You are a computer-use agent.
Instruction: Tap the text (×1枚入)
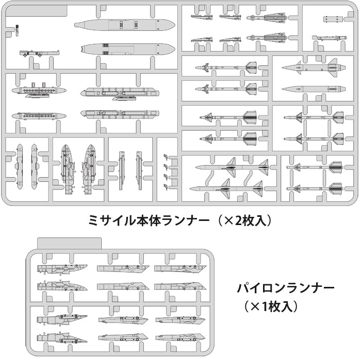[x=271, y=306]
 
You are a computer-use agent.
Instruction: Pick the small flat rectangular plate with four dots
[x=333, y=20]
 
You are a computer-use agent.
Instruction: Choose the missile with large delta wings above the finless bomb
[x=308, y=67]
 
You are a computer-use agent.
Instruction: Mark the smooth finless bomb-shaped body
[x=307, y=89]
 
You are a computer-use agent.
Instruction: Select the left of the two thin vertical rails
[x=121, y=170]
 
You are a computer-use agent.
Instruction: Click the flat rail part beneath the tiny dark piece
[x=39, y=52]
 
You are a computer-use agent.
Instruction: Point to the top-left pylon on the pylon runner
[x=61, y=268]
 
